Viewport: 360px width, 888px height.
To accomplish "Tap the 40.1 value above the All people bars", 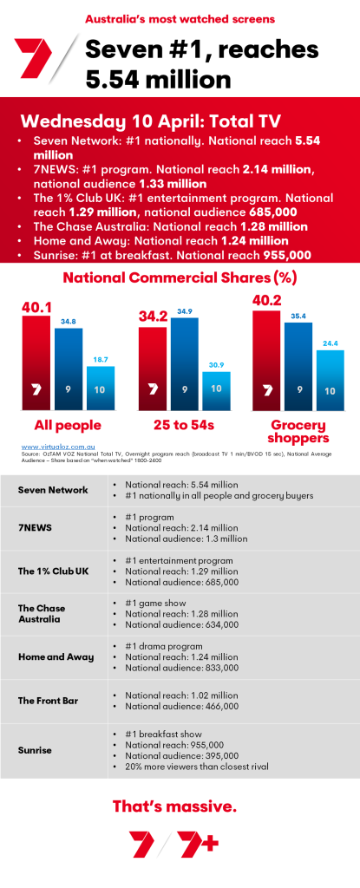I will [x=36, y=307].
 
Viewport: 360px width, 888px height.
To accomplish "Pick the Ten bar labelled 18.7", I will [x=100, y=388].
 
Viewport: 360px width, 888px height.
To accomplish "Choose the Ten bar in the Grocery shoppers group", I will [x=331, y=380].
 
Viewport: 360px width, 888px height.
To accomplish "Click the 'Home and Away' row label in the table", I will [x=56, y=656].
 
